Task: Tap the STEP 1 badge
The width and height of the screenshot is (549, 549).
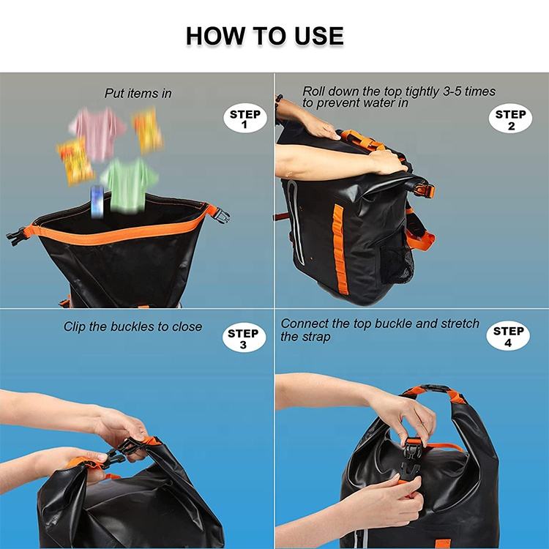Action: (x=244, y=119)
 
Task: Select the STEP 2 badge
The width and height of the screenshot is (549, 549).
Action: (x=509, y=119)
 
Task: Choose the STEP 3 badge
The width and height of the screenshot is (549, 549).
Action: (x=243, y=339)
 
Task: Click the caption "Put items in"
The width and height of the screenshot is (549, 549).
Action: (x=138, y=94)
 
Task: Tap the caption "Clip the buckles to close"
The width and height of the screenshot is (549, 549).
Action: (x=132, y=326)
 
